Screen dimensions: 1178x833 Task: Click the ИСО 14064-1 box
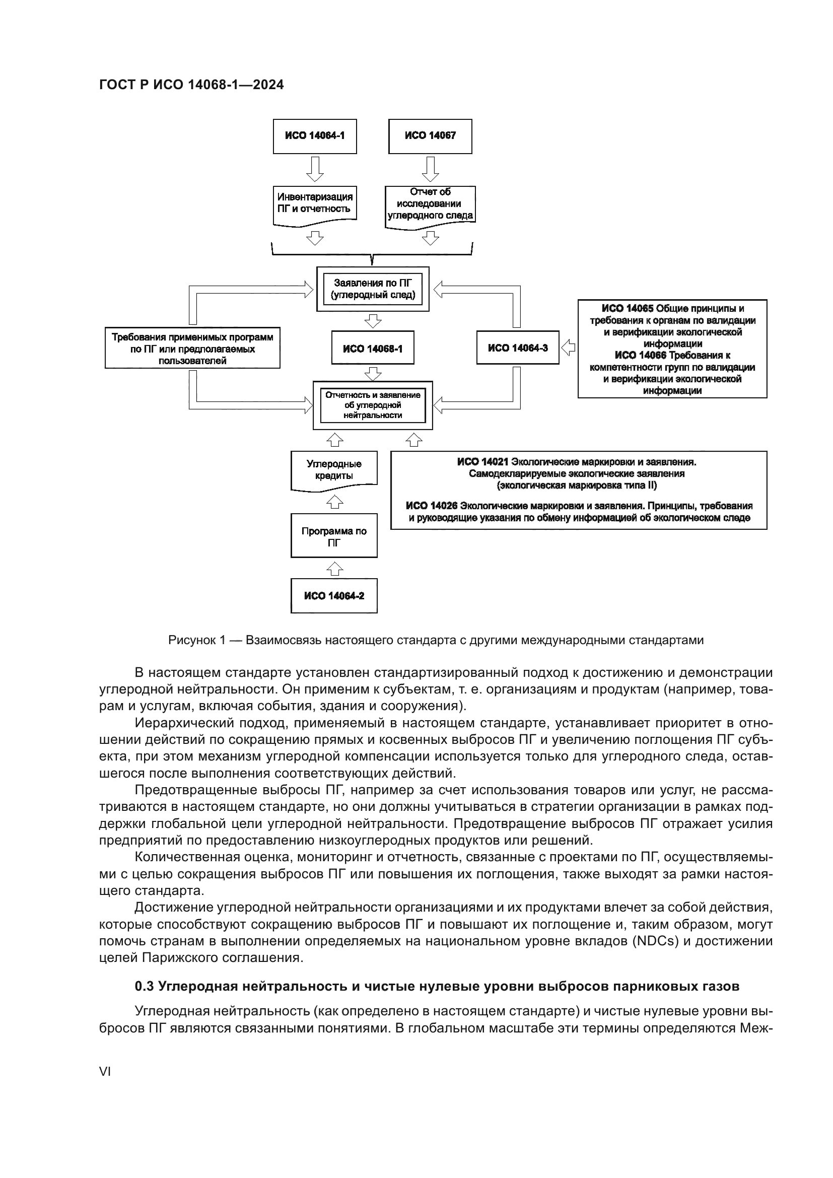(314, 136)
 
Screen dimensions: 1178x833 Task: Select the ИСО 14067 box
(430, 136)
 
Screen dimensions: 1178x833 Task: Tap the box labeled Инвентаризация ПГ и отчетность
(314, 203)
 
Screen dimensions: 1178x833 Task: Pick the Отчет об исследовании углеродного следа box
(430, 203)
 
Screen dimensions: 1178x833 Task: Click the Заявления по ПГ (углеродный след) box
(372, 289)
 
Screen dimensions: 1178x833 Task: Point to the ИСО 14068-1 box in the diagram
(372, 349)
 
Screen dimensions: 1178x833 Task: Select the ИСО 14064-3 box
(518, 348)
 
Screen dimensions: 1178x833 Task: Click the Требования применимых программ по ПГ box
(192, 349)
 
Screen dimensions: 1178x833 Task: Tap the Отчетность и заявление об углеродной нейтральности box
(372, 405)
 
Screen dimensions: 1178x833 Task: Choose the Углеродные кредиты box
(334, 469)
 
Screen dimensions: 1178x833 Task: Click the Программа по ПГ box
(334, 536)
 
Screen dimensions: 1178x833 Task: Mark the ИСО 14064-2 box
(334, 596)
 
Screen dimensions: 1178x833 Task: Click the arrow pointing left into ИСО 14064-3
(568, 348)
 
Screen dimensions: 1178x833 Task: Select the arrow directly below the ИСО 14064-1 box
(314, 169)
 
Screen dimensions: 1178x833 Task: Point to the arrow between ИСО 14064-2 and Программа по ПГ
(334, 569)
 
